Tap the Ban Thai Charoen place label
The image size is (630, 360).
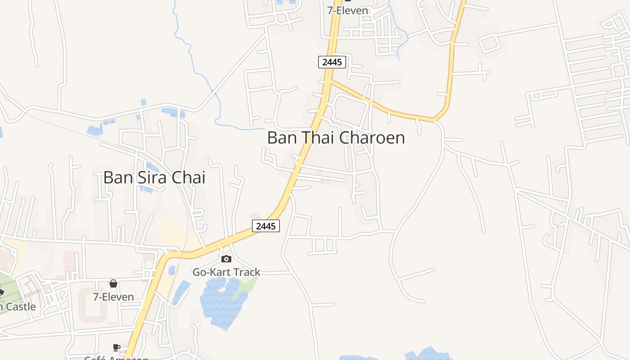pyautogui.click(x=336, y=138)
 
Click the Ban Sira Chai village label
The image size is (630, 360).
pyautogui.click(x=154, y=177)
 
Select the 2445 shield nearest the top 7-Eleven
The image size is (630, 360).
pyautogui.click(x=332, y=62)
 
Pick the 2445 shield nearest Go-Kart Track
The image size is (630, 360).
pyautogui.click(x=265, y=226)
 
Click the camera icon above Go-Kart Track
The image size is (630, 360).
pyautogui.click(x=226, y=259)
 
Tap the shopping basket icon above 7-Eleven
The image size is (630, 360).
pyautogui.click(x=113, y=283)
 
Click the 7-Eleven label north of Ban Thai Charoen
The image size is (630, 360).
pyautogui.click(x=347, y=10)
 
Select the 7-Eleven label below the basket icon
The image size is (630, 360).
pyautogui.click(x=113, y=297)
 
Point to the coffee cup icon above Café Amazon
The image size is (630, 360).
pyautogui.click(x=117, y=347)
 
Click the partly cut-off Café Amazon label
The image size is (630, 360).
pyautogui.click(x=117, y=358)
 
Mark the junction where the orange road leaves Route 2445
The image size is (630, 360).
pyautogui.click(x=330, y=81)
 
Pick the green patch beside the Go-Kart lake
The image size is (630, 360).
pyautogui.click(x=247, y=286)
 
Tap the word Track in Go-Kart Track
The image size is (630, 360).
pyautogui.click(x=244, y=272)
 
